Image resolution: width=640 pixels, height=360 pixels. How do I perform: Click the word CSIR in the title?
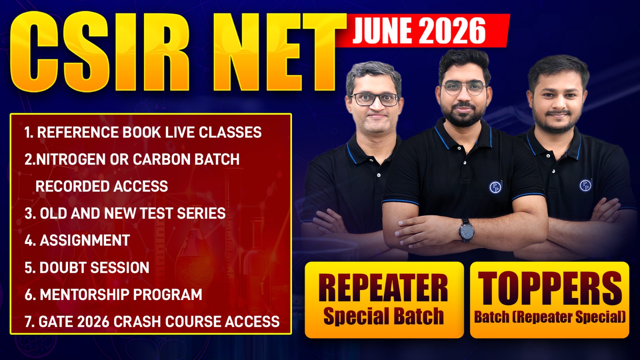(x=100, y=52)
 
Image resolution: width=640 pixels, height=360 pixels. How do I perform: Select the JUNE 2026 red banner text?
(x=419, y=31)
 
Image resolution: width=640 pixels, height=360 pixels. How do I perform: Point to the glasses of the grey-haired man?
(x=374, y=99)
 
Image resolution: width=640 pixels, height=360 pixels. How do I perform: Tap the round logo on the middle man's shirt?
(x=495, y=187)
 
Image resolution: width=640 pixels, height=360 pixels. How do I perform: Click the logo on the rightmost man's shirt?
(x=585, y=185)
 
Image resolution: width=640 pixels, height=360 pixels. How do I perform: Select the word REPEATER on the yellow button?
(x=383, y=288)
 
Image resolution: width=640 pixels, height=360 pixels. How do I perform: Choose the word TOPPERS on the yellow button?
(x=550, y=288)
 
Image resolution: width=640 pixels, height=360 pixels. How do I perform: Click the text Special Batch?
(x=383, y=316)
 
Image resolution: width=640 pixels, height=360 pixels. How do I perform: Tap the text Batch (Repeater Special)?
(x=550, y=317)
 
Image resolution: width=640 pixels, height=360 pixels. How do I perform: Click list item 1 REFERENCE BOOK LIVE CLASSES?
(x=143, y=132)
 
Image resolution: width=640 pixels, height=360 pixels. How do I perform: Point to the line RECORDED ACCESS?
(x=102, y=186)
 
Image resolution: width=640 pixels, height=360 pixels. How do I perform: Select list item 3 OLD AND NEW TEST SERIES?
(x=125, y=214)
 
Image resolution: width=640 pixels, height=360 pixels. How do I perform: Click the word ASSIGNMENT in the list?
(x=85, y=240)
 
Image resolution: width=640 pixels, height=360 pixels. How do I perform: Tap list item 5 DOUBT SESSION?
(x=87, y=268)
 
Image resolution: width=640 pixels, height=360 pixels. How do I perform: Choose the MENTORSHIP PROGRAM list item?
(x=113, y=295)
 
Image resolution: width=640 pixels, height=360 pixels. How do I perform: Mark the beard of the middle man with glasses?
(x=464, y=116)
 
